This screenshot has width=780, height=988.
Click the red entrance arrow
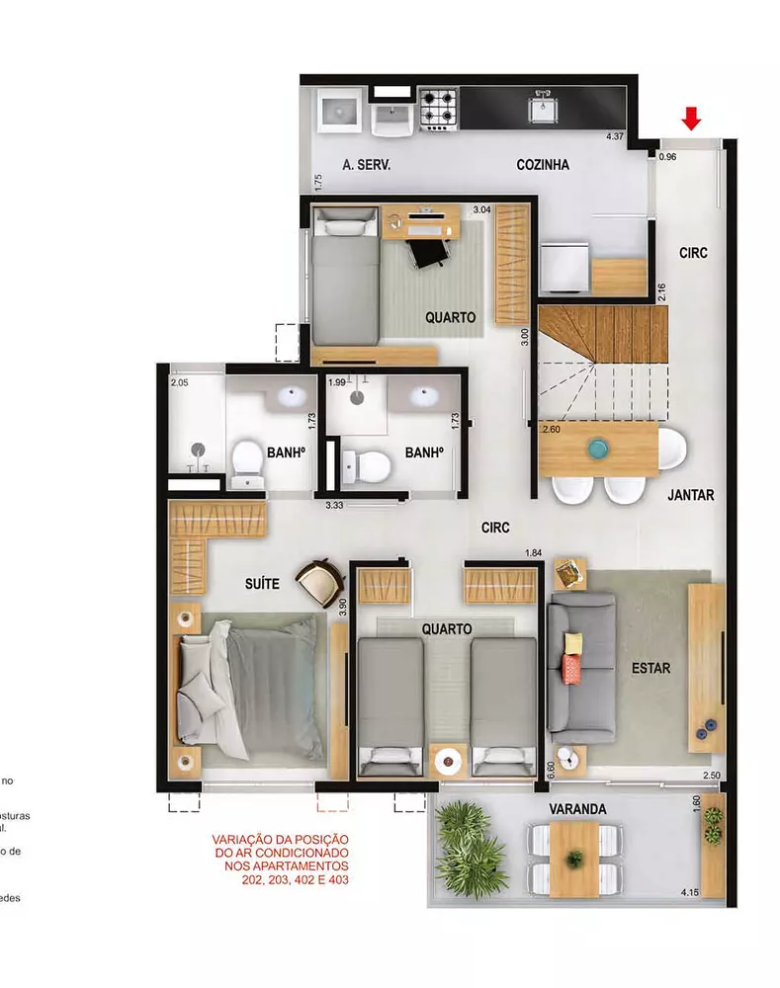691,120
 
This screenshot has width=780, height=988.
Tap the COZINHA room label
543,165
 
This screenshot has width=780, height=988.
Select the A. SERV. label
367,165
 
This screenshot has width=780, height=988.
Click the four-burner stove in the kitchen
439,109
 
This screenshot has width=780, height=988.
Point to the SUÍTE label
262,584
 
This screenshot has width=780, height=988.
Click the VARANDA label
577,809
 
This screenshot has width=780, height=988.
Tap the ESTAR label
650,669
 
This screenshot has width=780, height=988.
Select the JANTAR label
690,495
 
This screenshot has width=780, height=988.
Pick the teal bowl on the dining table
598,449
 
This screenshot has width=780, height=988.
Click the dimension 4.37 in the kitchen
616,137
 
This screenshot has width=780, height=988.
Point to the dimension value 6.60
551,768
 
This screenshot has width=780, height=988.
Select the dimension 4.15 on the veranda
690,893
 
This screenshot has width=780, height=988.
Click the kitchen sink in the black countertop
542,107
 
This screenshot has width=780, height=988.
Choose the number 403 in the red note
335,878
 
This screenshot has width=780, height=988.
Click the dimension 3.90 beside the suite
343,607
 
